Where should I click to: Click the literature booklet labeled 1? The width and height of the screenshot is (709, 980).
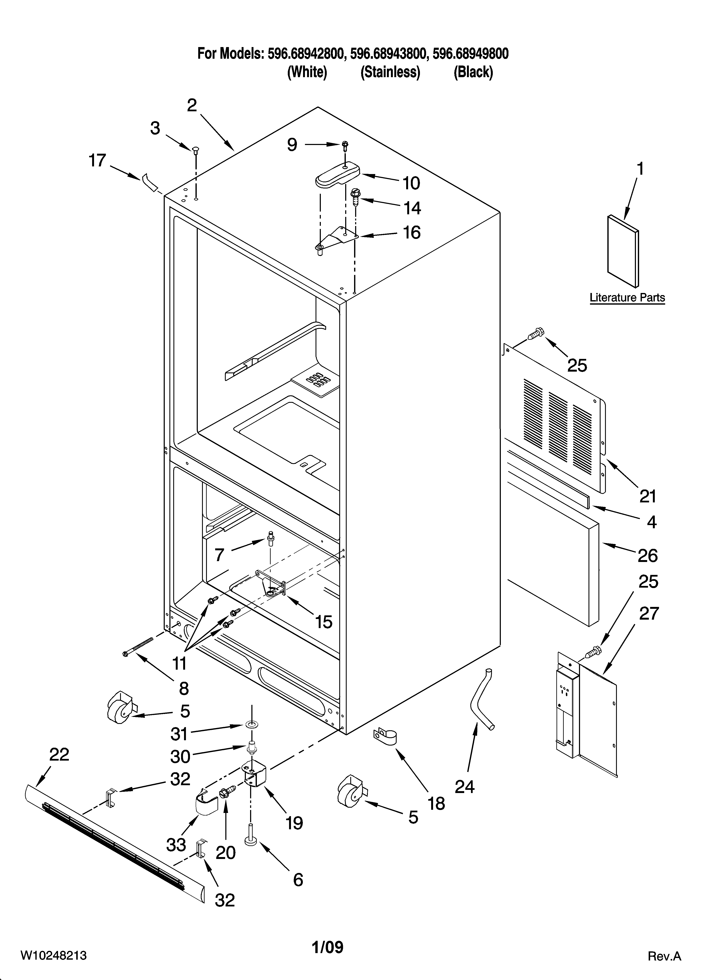pos(622,251)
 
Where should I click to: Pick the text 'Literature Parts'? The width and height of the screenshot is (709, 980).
pos(627,298)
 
